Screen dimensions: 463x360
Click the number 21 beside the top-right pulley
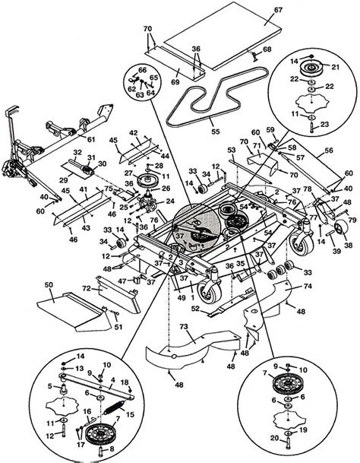click(x=330, y=67)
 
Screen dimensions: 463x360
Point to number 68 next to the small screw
click(x=267, y=51)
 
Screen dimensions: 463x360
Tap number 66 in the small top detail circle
click(x=141, y=69)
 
